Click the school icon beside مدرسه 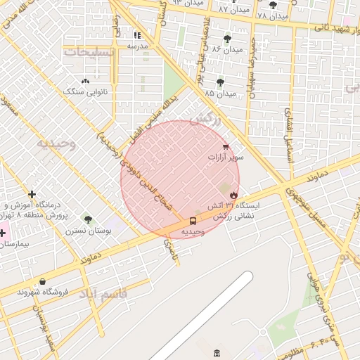click(x=137, y=34)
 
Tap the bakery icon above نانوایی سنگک click(x=86, y=81)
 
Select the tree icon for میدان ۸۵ click(x=220, y=82)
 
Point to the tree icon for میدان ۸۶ click(x=226, y=39)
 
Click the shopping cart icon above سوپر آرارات click(x=225, y=147)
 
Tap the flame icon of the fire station click(x=234, y=195)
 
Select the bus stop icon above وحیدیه click(x=193, y=221)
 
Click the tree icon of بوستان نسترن click(x=88, y=219)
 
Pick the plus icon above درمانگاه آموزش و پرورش click(x=32, y=194)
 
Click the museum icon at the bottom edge click(x=215, y=352)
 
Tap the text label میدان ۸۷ click(x=233, y=9)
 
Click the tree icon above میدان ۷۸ click(x=273, y=5)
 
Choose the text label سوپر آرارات click(x=226, y=158)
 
